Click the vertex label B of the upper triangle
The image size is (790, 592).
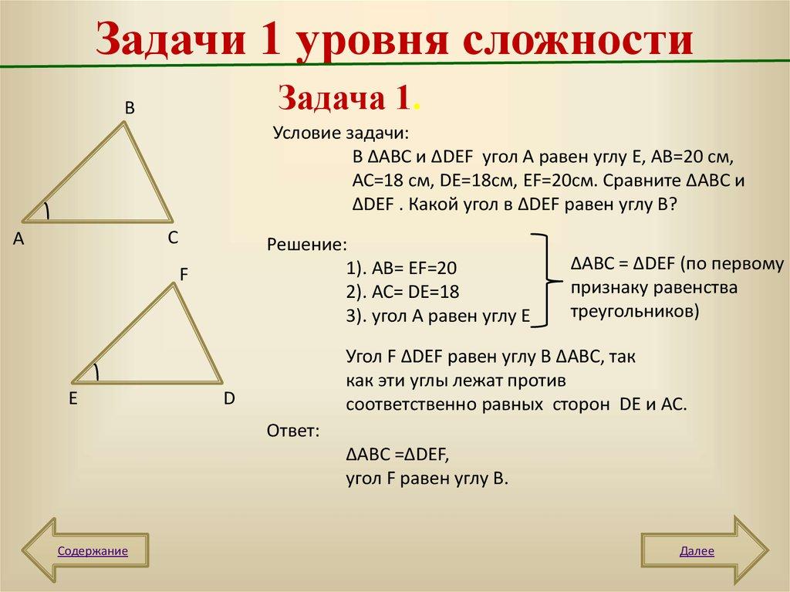tap(130, 109)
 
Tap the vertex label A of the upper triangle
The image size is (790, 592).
tap(19, 240)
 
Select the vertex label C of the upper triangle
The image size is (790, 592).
tap(174, 238)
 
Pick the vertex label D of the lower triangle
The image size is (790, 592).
tap(229, 399)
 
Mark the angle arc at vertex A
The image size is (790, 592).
tap(46, 211)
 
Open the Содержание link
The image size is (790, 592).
tap(92, 551)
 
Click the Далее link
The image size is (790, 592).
tap(697, 551)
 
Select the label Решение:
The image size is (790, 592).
tap(307, 245)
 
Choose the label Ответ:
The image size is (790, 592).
tap(292, 430)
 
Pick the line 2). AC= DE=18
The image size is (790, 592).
tap(403, 293)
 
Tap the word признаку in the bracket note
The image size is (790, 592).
tap(607, 288)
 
